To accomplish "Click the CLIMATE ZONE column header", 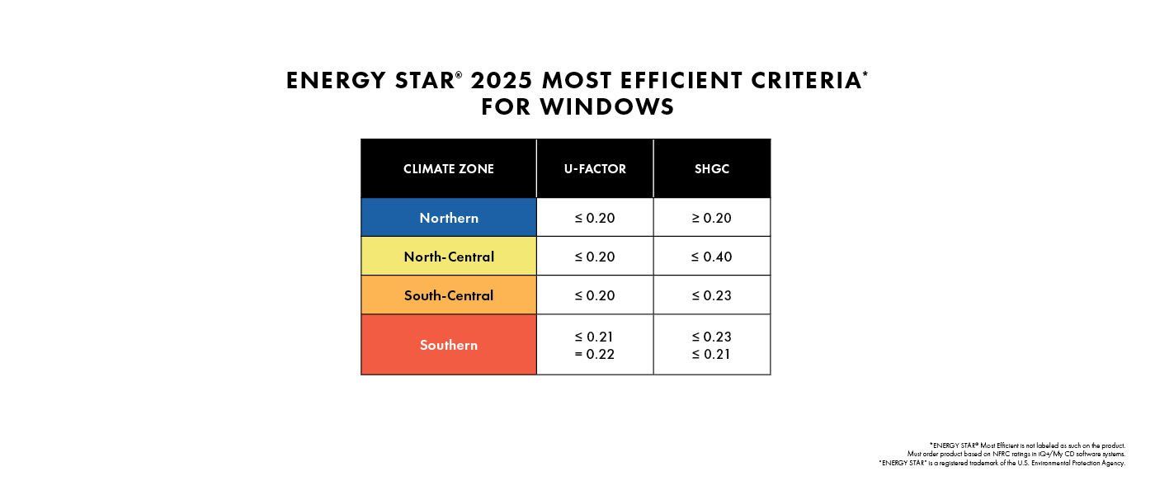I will [449, 169].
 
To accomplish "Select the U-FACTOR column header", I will [595, 169].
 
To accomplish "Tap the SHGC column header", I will [712, 169].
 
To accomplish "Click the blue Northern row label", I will [449, 218].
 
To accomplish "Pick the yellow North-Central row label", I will [449, 257].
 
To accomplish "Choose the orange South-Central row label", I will [449, 295].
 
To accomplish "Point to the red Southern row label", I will [449, 345].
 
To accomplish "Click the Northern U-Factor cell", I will [595, 218].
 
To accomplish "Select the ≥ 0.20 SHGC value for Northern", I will [712, 218].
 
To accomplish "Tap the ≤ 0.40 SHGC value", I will [712, 257].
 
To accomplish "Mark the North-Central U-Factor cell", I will [595, 257].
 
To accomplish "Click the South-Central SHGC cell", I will [712, 295].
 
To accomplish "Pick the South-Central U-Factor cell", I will [595, 295].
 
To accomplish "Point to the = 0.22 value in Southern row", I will [595, 355].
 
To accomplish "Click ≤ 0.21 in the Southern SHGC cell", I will [712, 355].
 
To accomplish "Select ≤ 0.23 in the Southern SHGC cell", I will [712, 337].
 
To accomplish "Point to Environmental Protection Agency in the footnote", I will [1077, 464].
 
